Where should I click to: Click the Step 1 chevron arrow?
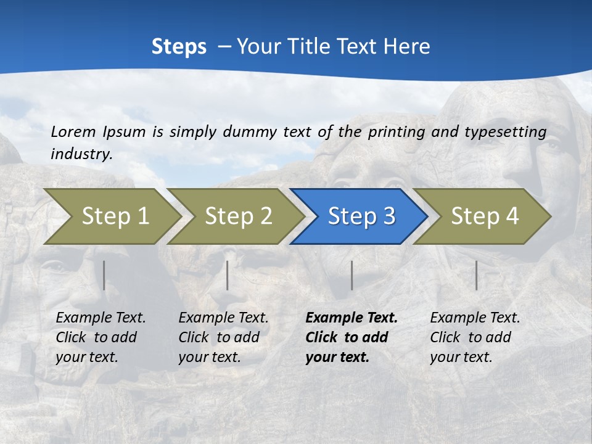pyautogui.click(x=114, y=216)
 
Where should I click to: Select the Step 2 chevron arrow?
pyautogui.click(x=237, y=216)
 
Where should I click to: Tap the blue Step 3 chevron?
pyautogui.click(x=361, y=216)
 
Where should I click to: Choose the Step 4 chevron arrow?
pyautogui.click(x=484, y=216)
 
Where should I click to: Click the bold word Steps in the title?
pyautogui.click(x=179, y=47)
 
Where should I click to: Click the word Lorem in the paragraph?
pyautogui.click(x=73, y=131)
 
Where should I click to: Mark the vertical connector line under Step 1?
pyautogui.click(x=104, y=275)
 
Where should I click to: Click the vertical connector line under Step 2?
pyautogui.click(x=228, y=275)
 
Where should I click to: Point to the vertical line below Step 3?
pyautogui.click(x=351, y=275)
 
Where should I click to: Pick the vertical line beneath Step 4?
pyautogui.click(x=476, y=275)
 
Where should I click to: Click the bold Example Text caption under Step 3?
pyautogui.click(x=351, y=337)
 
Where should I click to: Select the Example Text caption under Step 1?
pyautogui.click(x=101, y=337)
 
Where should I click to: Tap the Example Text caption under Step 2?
pyautogui.click(x=223, y=337)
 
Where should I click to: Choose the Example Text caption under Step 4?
pyautogui.click(x=475, y=337)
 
